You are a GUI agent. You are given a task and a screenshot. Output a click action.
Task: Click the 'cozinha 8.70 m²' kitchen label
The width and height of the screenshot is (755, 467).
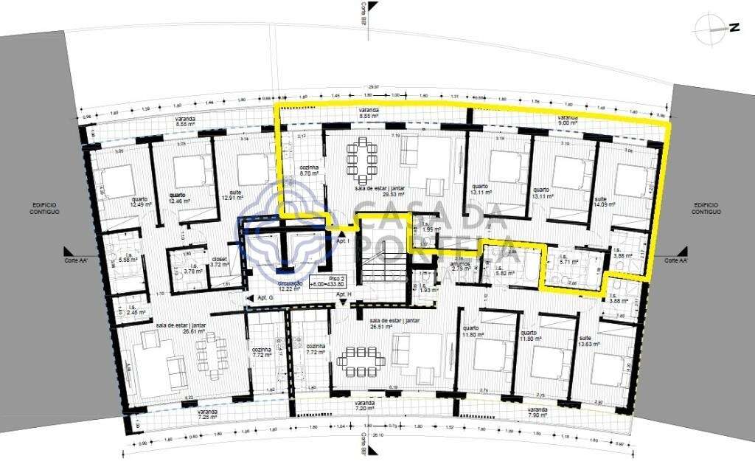310,170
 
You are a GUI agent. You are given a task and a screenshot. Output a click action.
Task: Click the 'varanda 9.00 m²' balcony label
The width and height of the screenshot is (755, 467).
568,120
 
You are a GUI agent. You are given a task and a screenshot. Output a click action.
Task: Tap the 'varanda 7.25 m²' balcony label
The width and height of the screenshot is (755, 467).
207,414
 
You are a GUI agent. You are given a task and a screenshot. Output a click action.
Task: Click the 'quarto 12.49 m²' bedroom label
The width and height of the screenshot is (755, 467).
139,201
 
